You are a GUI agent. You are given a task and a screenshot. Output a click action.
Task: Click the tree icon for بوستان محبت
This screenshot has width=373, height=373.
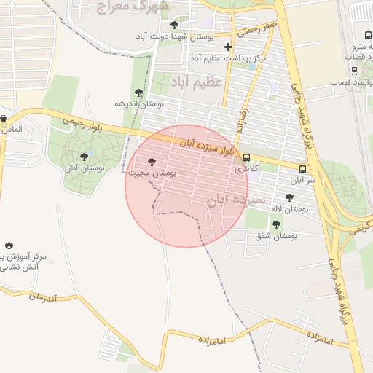[x=152, y=162]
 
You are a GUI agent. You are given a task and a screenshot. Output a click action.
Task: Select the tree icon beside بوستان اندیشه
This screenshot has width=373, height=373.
[x=138, y=93]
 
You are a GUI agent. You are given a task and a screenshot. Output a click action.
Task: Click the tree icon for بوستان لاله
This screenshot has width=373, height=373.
[x=289, y=197]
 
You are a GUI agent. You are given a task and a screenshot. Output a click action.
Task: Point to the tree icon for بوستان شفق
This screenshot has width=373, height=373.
[x=276, y=224]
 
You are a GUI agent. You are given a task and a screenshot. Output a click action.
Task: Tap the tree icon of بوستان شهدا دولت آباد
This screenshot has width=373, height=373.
[x=173, y=24]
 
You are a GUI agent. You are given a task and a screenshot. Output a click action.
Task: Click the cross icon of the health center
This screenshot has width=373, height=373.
[x=228, y=47]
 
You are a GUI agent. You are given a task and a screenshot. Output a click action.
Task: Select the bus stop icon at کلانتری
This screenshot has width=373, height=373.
[x=246, y=157]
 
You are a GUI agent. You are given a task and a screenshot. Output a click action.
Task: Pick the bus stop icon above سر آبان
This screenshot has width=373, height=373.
[x=302, y=167]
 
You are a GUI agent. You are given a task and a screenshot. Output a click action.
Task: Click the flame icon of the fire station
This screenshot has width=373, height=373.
[x=9, y=246]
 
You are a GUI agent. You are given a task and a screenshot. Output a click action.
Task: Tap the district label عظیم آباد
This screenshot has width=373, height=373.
[x=196, y=82]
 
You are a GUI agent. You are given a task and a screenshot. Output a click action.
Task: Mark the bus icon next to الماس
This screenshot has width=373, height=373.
[x=4, y=119]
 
